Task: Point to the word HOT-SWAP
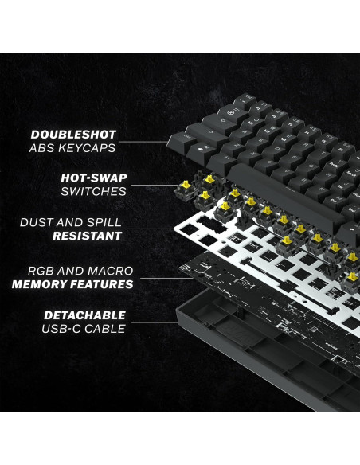point(94,178)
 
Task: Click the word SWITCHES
point(93,191)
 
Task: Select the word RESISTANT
point(87,236)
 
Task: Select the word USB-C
point(61,328)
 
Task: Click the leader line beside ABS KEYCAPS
point(148,143)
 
